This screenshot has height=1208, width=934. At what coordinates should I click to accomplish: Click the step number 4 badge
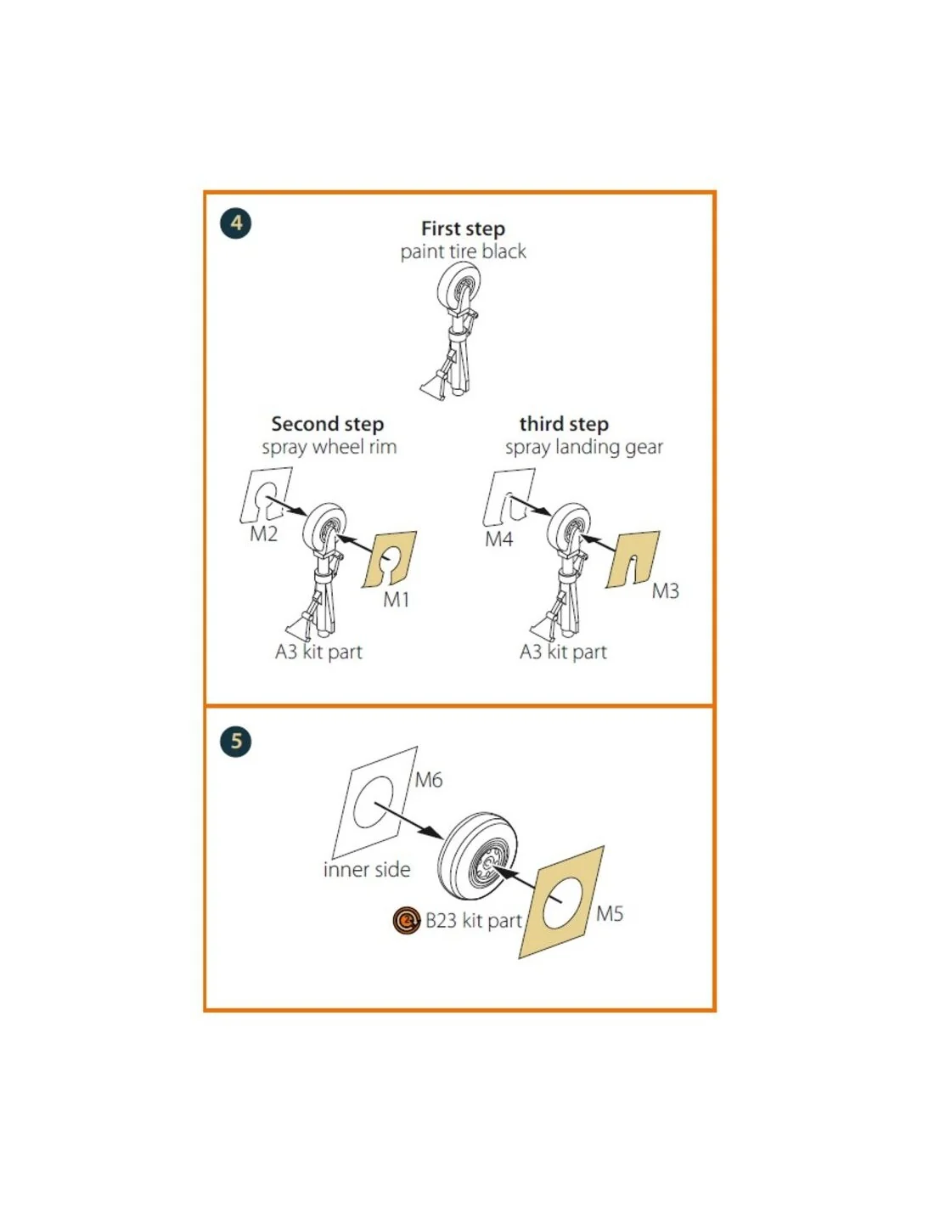[235, 223]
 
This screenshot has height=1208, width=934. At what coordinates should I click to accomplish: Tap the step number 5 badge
[235, 741]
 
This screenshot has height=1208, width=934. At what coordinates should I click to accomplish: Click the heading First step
[463, 229]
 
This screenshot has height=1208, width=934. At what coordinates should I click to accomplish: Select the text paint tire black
[463, 251]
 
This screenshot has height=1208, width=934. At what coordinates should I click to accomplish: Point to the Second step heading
[327, 424]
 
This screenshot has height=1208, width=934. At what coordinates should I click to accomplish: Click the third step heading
[564, 424]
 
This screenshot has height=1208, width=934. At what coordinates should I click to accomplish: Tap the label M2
[263, 533]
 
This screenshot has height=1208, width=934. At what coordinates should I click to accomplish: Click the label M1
[397, 599]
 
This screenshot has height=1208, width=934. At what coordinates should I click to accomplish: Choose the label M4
[499, 539]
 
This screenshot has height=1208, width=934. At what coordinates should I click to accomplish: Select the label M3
[665, 590]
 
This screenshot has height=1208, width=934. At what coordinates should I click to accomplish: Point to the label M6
[429, 781]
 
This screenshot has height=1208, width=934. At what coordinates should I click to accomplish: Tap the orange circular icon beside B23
[406, 921]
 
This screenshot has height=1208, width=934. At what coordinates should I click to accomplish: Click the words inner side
[367, 870]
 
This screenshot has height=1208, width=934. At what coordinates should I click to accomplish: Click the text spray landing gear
[584, 448]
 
